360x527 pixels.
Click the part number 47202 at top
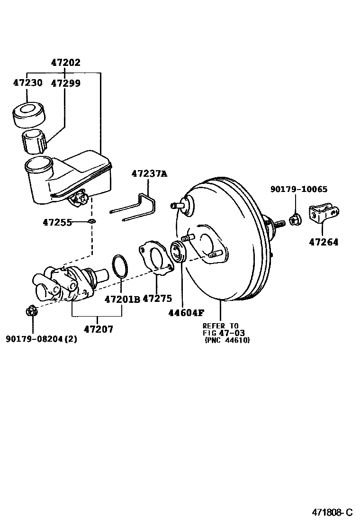click(x=65, y=62)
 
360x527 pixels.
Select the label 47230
click(x=27, y=83)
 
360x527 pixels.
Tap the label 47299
click(x=65, y=83)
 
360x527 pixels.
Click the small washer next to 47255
click(x=92, y=221)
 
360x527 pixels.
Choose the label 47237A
click(x=149, y=174)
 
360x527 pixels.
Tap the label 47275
click(x=157, y=299)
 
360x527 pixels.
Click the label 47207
click(x=99, y=328)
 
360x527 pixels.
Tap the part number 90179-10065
click(x=299, y=189)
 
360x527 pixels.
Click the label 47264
click(x=324, y=242)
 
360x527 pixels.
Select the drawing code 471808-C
click(x=332, y=512)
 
